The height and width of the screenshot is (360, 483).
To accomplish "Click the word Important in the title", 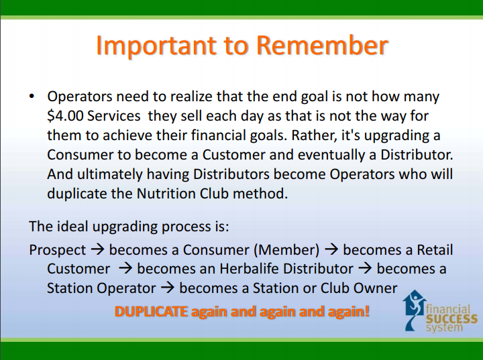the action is point(156,46).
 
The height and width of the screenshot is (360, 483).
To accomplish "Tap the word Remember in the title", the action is point(322,45).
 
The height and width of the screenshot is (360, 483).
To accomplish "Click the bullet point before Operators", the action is point(32,97).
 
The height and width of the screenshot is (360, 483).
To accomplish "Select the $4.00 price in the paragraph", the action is point(65,116).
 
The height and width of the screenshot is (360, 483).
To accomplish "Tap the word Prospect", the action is point(57,250).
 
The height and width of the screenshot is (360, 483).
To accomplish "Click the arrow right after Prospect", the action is point(98,249).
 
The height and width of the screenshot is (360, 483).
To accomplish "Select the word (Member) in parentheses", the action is point(286,250).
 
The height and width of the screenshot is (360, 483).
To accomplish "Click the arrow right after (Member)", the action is point(331,249).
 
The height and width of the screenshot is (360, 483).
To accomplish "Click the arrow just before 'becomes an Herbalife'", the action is point(125,269).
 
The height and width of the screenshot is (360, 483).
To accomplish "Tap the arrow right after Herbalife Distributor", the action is point(366,269).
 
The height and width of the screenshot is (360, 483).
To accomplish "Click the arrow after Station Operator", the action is point(168,288).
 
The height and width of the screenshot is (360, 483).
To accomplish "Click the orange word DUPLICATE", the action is point(151,312).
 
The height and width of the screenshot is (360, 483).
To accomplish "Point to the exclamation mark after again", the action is point(366,311).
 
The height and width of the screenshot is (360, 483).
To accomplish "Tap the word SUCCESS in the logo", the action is point(451,319).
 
